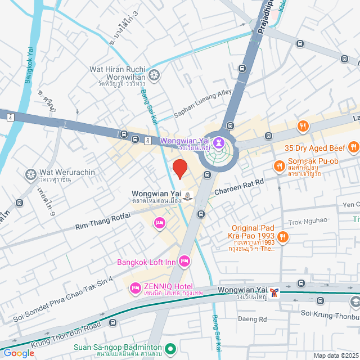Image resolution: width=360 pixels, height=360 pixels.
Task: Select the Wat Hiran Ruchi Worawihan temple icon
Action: tap(154, 74)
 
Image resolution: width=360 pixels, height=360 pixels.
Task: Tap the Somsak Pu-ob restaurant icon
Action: tap(278, 165)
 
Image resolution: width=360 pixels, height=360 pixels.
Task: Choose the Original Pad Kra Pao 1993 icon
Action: tap(283, 237)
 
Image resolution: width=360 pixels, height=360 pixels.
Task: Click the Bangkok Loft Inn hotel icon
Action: tap(184, 262)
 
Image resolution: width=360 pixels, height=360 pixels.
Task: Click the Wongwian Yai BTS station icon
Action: tap(274, 291)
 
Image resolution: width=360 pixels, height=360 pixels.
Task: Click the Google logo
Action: tap(19, 353)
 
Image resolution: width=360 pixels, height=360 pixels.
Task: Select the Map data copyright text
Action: tap(335, 355)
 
